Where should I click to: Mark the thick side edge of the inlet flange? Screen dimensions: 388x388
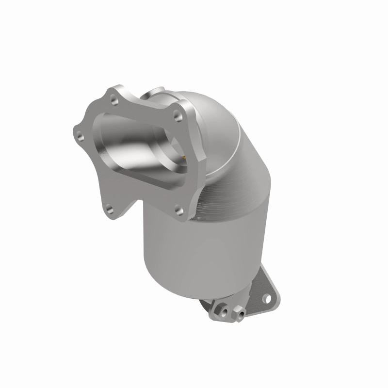(191, 160)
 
